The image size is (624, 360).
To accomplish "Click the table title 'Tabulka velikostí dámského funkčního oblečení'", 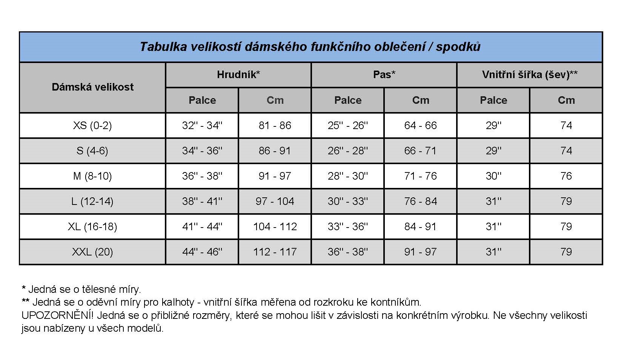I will tap(310, 47).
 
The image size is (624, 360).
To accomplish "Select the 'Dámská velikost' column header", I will tap(92, 87).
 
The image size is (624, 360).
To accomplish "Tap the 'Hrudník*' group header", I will tap(238, 75).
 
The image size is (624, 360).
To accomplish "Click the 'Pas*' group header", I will tap(384, 75).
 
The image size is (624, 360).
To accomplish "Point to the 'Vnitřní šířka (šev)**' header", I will tap(529, 75).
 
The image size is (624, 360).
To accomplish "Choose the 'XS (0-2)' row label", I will tap(92, 125).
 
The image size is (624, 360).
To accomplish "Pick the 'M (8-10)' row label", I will tap(92, 176).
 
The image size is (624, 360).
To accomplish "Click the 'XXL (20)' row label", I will tap(92, 252).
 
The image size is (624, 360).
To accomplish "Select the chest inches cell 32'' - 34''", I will tap(202, 125).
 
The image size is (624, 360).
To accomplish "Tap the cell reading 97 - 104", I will tap(275, 201).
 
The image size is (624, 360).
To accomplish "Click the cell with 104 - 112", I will tap(275, 226).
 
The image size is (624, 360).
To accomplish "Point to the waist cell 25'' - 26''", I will tap(347, 125).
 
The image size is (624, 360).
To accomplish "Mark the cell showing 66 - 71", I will tap(420, 151).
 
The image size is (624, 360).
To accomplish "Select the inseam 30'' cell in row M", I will tap(493, 176).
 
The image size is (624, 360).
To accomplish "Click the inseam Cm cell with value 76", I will tap(566, 176).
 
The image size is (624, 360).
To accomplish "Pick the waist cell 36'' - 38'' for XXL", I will tap(347, 252).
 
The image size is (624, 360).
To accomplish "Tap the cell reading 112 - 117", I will tap(275, 252).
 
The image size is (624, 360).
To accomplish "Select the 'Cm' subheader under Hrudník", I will tap(275, 100).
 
